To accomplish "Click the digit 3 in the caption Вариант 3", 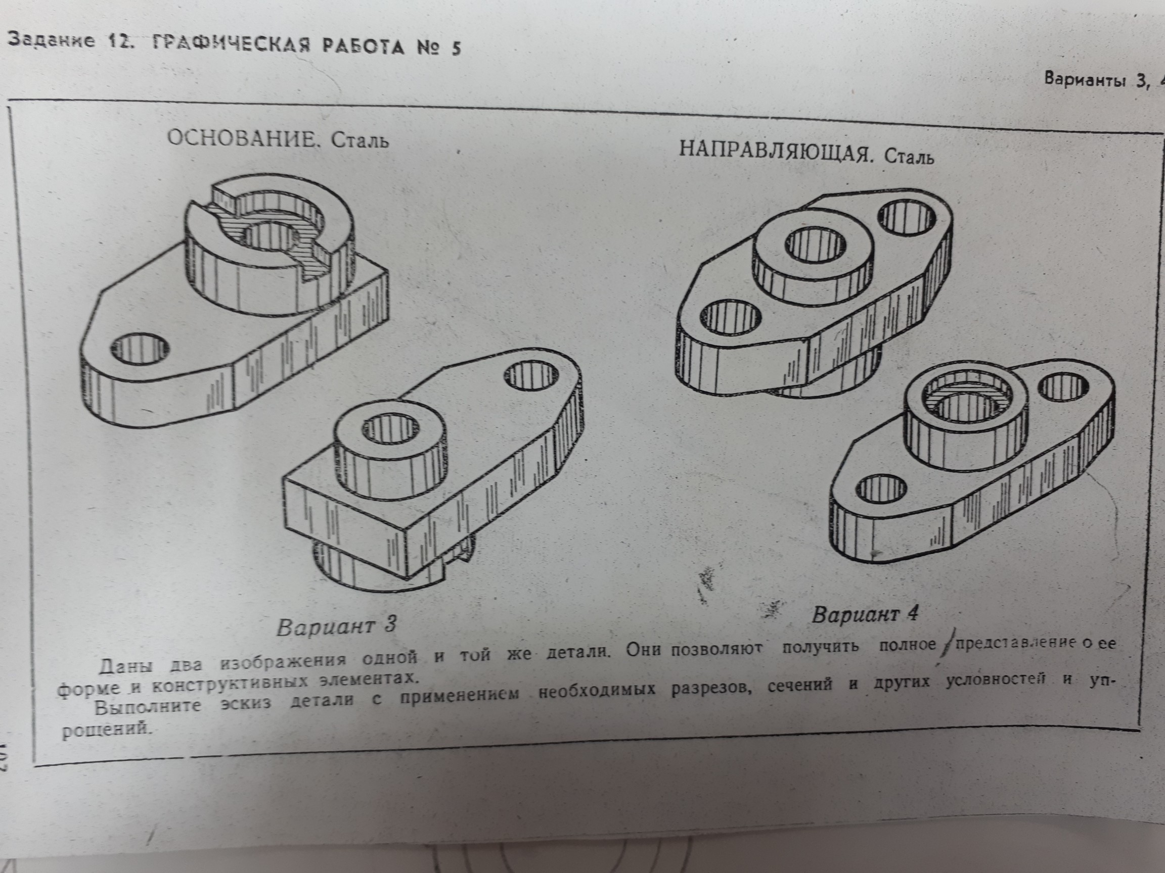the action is [x=389, y=624].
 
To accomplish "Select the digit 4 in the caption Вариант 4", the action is [x=911, y=612].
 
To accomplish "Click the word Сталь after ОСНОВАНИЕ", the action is [x=360, y=141].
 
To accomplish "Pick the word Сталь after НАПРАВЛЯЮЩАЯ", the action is [x=909, y=157].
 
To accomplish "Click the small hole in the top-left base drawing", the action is [x=141, y=348].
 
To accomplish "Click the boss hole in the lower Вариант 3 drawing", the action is [x=389, y=428].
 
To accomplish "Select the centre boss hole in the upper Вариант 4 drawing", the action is [x=816, y=244].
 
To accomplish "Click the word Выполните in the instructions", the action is [x=148, y=706].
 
